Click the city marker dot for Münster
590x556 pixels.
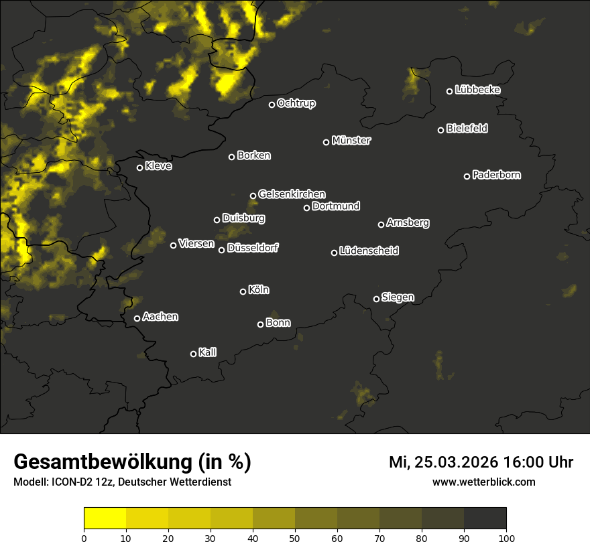327,142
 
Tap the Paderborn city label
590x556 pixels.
497,175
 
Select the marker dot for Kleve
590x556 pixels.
140,167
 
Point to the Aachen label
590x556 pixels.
160,317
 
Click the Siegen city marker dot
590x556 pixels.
376,299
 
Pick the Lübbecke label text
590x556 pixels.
477,90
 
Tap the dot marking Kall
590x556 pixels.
194,354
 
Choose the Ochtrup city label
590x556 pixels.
296,103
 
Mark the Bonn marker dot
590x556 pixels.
261,324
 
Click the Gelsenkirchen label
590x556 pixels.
292,194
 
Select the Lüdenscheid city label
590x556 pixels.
369,251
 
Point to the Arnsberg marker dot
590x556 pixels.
381,224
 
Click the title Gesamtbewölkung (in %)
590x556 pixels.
133,462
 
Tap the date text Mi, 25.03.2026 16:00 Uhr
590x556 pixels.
481,462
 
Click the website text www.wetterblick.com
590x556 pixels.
484,482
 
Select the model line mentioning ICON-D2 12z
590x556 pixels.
122,482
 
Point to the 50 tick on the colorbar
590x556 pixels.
295,537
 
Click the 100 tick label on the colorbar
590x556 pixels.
506,537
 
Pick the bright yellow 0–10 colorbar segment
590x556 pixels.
105,518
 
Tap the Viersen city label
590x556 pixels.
196,244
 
